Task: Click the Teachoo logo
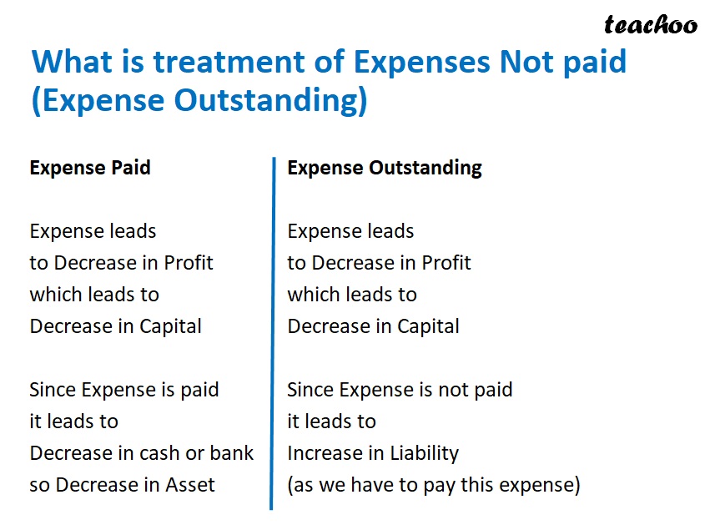651,24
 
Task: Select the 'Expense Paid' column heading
90,168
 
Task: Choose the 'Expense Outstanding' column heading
385,168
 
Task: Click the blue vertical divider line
272,334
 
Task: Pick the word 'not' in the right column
459,390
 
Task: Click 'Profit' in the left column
188,263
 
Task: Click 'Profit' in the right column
446,263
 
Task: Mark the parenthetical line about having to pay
433,485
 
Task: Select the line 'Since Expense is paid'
124,390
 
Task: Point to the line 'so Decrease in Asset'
122,485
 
